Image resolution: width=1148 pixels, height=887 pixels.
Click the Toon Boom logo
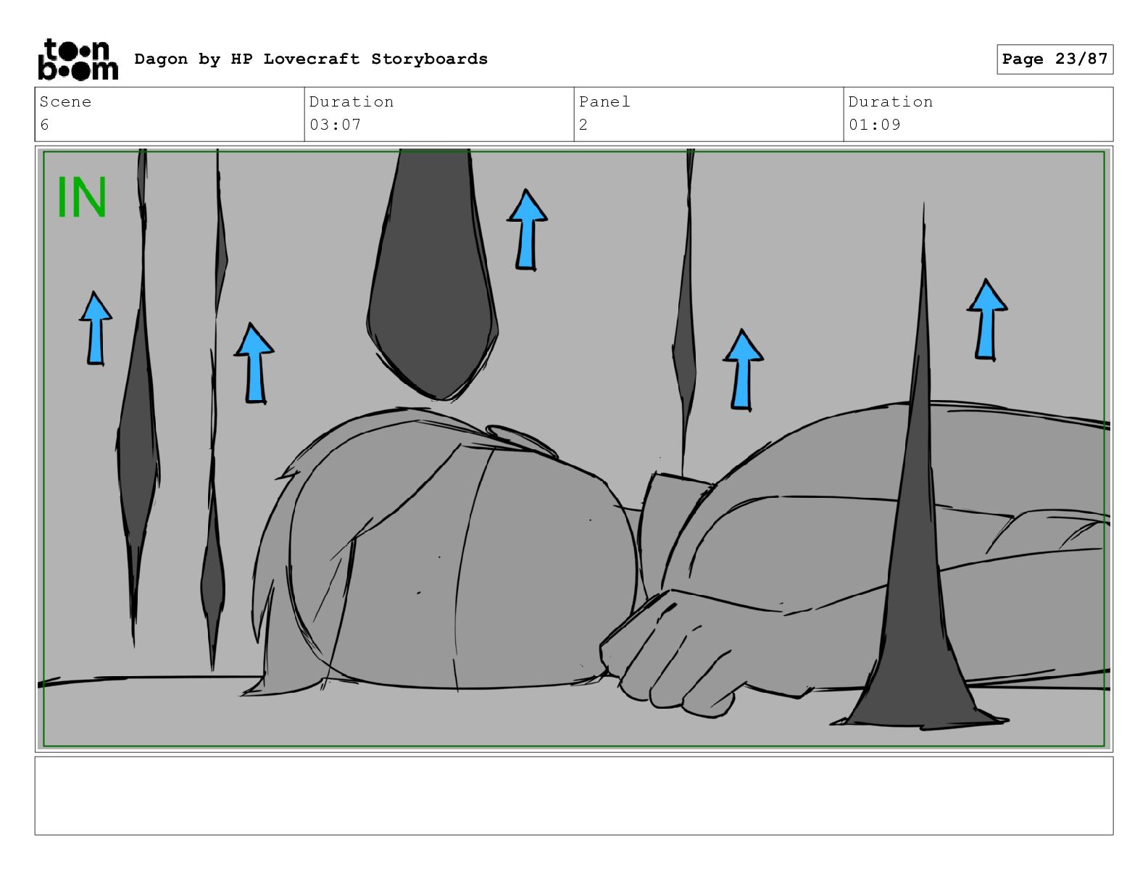[x=78, y=59]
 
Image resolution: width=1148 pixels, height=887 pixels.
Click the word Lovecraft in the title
[x=311, y=59]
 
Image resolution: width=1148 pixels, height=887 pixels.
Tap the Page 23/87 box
[x=1055, y=59]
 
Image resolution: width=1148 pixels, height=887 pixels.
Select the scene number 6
[x=44, y=125]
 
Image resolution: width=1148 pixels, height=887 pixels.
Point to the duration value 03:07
[x=335, y=125]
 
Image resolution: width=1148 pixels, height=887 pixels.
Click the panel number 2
[x=583, y=125]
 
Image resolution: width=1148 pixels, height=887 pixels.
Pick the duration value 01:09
[x=874, y=125]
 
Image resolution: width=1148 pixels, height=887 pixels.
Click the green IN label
[x=81, y=196]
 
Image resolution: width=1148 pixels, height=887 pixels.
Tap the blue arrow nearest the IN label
[x=96, y=328]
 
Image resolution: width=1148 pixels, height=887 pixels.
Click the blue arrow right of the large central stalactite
[x=527, y=230]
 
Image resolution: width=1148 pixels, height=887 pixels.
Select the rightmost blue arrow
[x=986, y=320]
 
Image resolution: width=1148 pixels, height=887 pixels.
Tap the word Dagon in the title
[x=161, y=59]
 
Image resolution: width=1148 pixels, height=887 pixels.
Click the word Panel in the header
[x=604, y=101]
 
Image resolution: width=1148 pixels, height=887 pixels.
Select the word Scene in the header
[x=65, y=101]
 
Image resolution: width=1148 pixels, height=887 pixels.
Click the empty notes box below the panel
[x=574, y=796]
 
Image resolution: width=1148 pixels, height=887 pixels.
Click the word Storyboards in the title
[x=429, y=59]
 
